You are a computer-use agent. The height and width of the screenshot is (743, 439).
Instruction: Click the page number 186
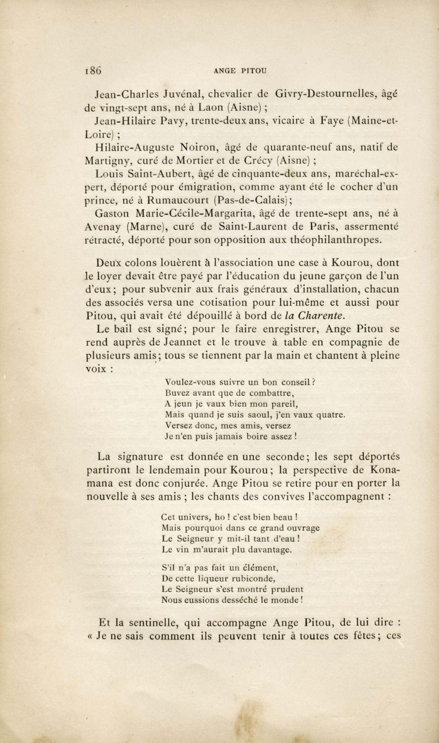pyautogui.click(x=93, y=71)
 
